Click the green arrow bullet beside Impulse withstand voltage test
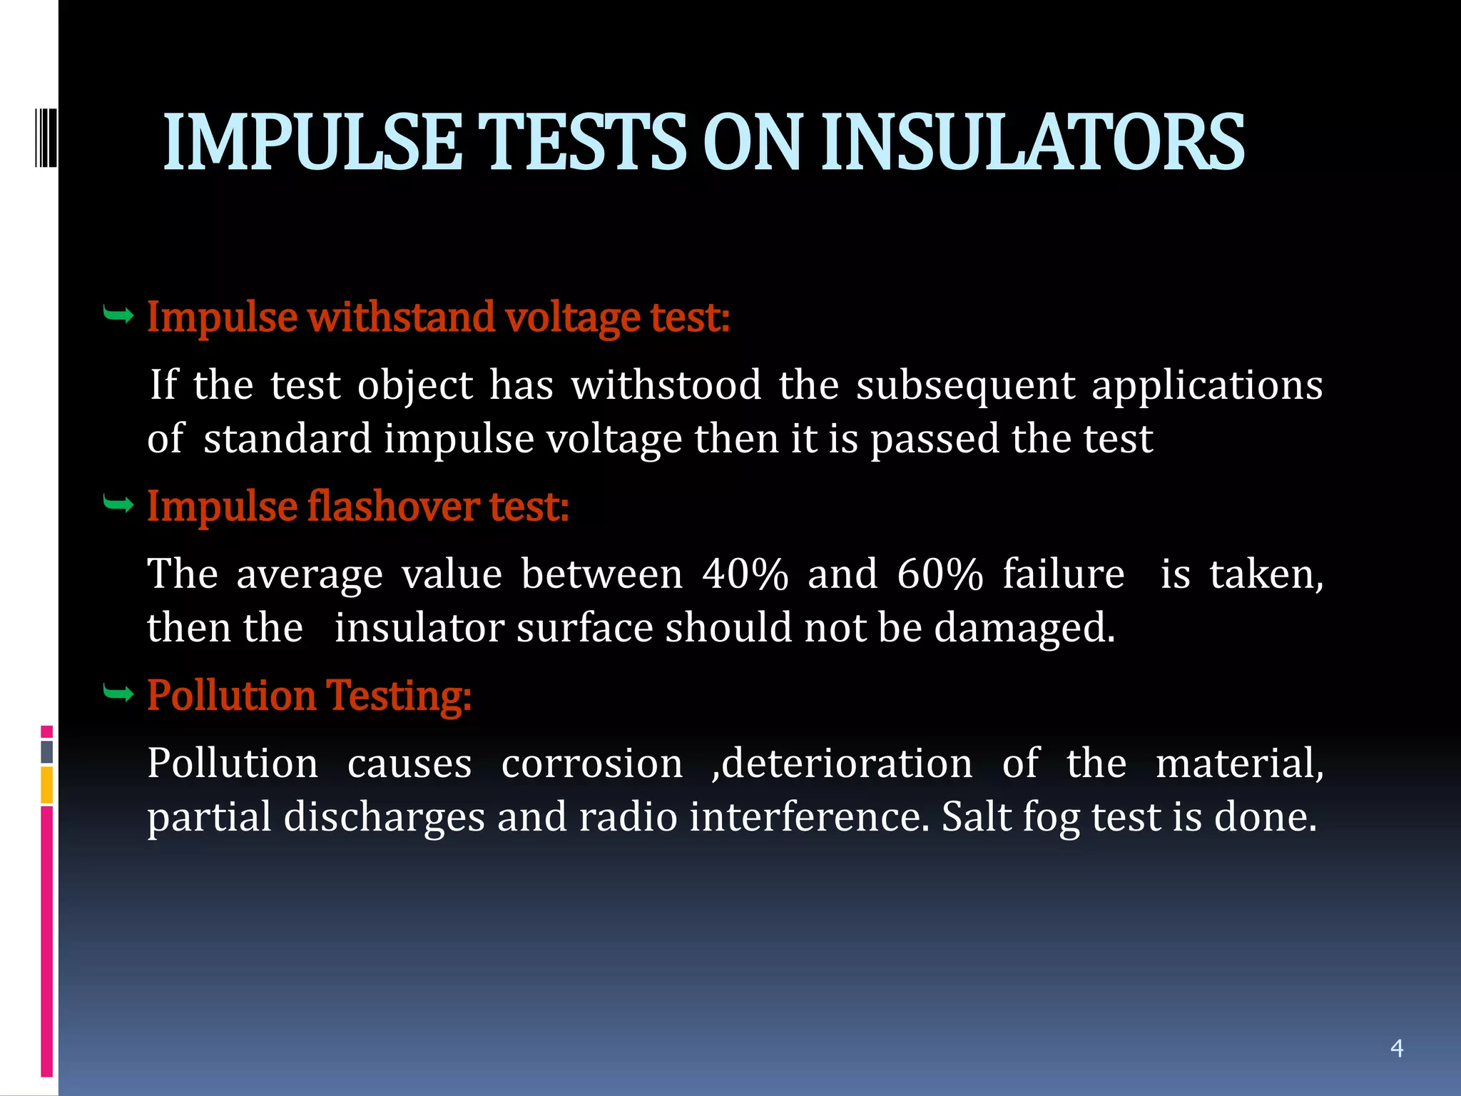tap(118, 315)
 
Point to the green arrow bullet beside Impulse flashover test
tap(118, 505)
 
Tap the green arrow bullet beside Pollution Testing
tap(118, 693)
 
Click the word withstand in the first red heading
tap(402, 317)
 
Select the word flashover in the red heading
tap(393, 507)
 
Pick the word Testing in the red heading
tap(398, 695)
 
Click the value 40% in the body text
tap(745, 574)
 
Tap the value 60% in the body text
tap(940, 574)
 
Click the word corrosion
tap(592, 763)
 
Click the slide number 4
tap(1397, 1048)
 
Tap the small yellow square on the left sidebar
tap(46, 785)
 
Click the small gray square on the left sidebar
tap(46, 752)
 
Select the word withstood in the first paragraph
tap(666, 386)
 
